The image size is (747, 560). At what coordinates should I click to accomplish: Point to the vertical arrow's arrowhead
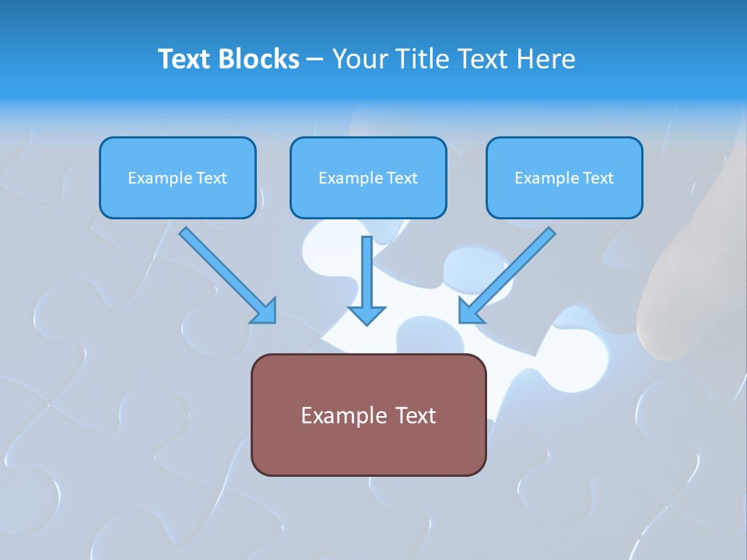tap(366, 313)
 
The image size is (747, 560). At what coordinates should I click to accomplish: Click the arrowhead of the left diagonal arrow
tap(264, 310)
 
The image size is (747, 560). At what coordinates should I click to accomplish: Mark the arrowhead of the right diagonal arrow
tap(471, 310)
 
